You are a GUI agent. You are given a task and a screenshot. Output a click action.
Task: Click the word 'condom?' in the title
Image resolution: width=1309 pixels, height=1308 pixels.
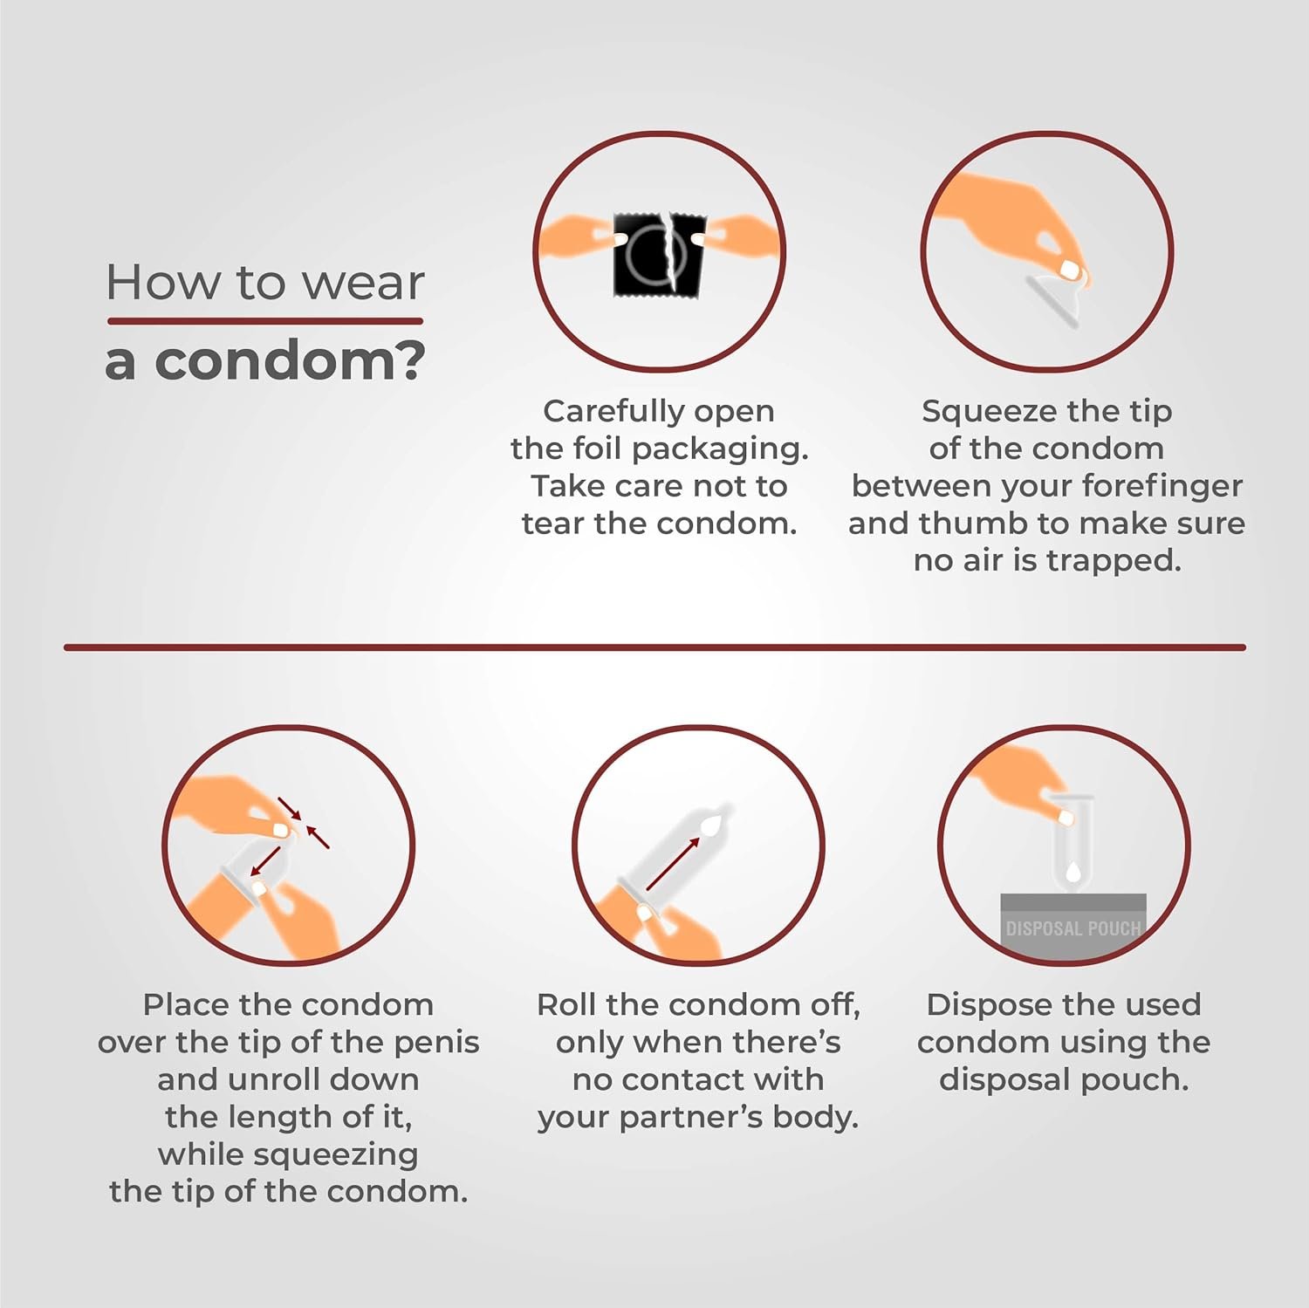click(x=290, y=360)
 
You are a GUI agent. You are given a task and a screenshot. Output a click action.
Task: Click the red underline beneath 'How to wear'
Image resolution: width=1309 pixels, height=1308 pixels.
click(x=265, y=321)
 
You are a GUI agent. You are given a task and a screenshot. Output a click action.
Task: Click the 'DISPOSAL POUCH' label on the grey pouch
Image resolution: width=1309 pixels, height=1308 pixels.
click(x=1073, y=928)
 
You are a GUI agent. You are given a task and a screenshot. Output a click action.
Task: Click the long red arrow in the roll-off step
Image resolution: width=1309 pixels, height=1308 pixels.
click(x=673, y=863)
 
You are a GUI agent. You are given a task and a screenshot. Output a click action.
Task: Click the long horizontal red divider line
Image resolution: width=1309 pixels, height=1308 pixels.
click(x=654, y=647)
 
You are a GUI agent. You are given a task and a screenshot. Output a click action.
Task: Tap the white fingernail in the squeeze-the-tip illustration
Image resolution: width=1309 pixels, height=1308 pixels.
click(x=1070, y=271)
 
